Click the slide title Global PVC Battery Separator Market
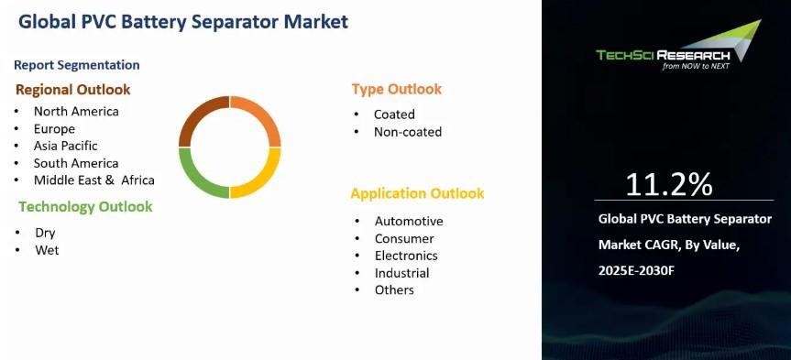[x=183, y=22]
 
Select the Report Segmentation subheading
[x=77, y=65]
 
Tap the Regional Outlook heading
[x=73, y=90]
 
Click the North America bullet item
[x=76, y=111]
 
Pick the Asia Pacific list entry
[x=66, y=146]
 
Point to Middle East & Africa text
[x=94, y=180]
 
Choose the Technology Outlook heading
[x=85, y=207]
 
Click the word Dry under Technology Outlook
[x=45, y=233]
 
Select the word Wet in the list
[x=47, y=250]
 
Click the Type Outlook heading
[x=397, y=89]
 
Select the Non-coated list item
[x=408, y=132]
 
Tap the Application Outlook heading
[x=417, y=193]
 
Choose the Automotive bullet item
[x=409, y=222]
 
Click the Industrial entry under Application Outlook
[x=401, y=273]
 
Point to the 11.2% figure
[x=669, y=184]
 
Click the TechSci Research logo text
[x=663, y=55]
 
